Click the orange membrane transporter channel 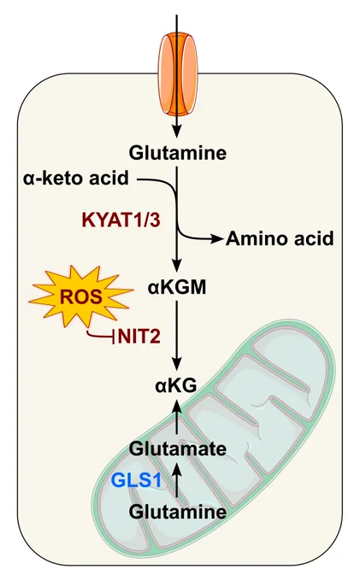click(177, 73)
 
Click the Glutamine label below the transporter click(178, 153)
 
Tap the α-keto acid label click(75, 179)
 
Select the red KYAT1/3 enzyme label click(121, 220)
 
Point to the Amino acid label click(280, 238)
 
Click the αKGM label click(177, 288)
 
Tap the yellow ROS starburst click(81, 296)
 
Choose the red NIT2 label click(139, 337)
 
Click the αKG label click(176, 386)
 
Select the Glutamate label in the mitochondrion click(178, 449)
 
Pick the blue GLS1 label click(137, 480)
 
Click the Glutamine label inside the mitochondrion click(178, 512)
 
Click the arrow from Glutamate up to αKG click(177, 416)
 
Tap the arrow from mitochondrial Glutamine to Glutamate click(177, 479)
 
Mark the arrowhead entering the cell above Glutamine click(177, 132)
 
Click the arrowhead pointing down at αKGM click(177, 266)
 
